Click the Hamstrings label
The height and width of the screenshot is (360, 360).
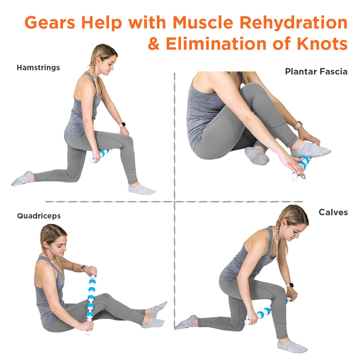point(39,68)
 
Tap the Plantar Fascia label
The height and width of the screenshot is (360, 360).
point(316,72)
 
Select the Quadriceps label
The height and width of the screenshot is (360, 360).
point(39,216)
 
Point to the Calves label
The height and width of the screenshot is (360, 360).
point(333,212)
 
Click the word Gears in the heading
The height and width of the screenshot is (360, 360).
point(50,23)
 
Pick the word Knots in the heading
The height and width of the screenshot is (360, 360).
point(322,44)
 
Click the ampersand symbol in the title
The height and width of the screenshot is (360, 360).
point(154,44)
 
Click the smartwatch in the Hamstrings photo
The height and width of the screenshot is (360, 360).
point(122,125)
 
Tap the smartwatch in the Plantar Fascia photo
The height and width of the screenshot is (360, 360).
point(298,125)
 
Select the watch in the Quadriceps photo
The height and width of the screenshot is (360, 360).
point(84,268)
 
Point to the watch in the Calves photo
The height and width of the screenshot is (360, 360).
point(290,285)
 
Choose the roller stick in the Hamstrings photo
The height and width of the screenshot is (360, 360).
point(101,156)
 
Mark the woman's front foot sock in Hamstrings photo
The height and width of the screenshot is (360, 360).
point(141,189)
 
